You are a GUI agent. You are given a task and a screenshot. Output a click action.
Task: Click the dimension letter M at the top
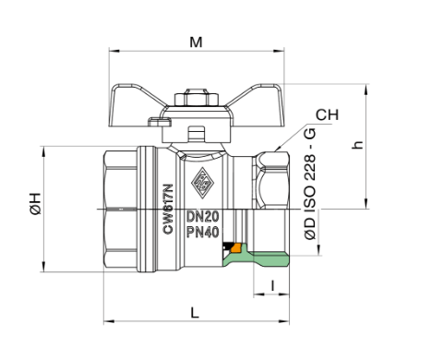[x=196, y=42]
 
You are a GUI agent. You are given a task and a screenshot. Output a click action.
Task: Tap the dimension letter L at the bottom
[x=195, y=313]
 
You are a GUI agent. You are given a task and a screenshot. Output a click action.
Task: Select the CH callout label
[x=327, y=114]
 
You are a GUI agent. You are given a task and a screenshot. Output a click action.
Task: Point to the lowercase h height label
[x=358, y=144]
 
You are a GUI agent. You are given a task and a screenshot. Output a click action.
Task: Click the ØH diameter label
[x=36, y=204]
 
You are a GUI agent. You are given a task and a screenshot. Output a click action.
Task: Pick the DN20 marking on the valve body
[x=203, y=217]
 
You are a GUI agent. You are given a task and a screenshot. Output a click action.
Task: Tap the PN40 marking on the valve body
[x=203, y=233]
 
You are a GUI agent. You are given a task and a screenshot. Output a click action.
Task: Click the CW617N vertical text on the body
[x=168, y=209]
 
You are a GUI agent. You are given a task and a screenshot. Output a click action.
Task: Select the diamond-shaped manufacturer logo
[x=202, y=183]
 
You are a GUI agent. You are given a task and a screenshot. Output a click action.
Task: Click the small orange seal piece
[x=236, y=247]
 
